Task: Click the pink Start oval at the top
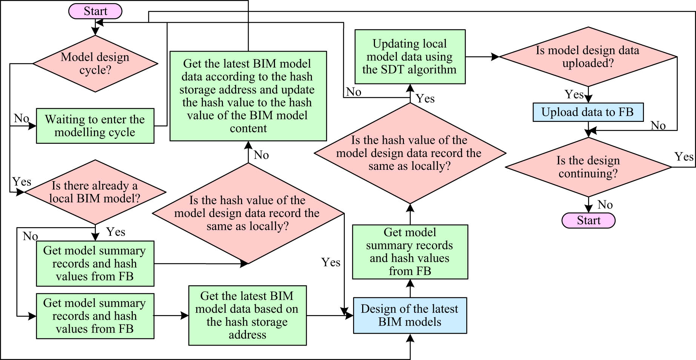tap(95, 11)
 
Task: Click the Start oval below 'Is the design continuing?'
tap(588, 220)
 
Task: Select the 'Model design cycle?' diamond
tap(95, 63)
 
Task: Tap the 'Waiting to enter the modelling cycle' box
tap(95, 126)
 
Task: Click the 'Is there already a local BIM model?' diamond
tap(95, 192)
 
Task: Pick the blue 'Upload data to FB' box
tap(588, 112)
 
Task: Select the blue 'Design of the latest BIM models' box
tap(410, 315)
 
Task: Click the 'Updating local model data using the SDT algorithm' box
tap(410, 57)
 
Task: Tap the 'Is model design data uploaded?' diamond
tap(588, 57)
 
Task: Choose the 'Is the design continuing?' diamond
tap(588, 167)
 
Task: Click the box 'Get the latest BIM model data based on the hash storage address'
tap(247, 315)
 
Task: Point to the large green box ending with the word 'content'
tap(248, 96)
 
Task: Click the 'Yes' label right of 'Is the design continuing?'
tap(684, 157)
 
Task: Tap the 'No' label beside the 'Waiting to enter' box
tap(22, 118)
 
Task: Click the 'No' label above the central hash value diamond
tap(261, 155)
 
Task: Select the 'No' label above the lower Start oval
tap(605, 205)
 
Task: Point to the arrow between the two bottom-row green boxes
tap(171, 315)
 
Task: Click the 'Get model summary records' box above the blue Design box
tap(410, 252)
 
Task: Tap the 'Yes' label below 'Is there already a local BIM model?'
tap(115, 232)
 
